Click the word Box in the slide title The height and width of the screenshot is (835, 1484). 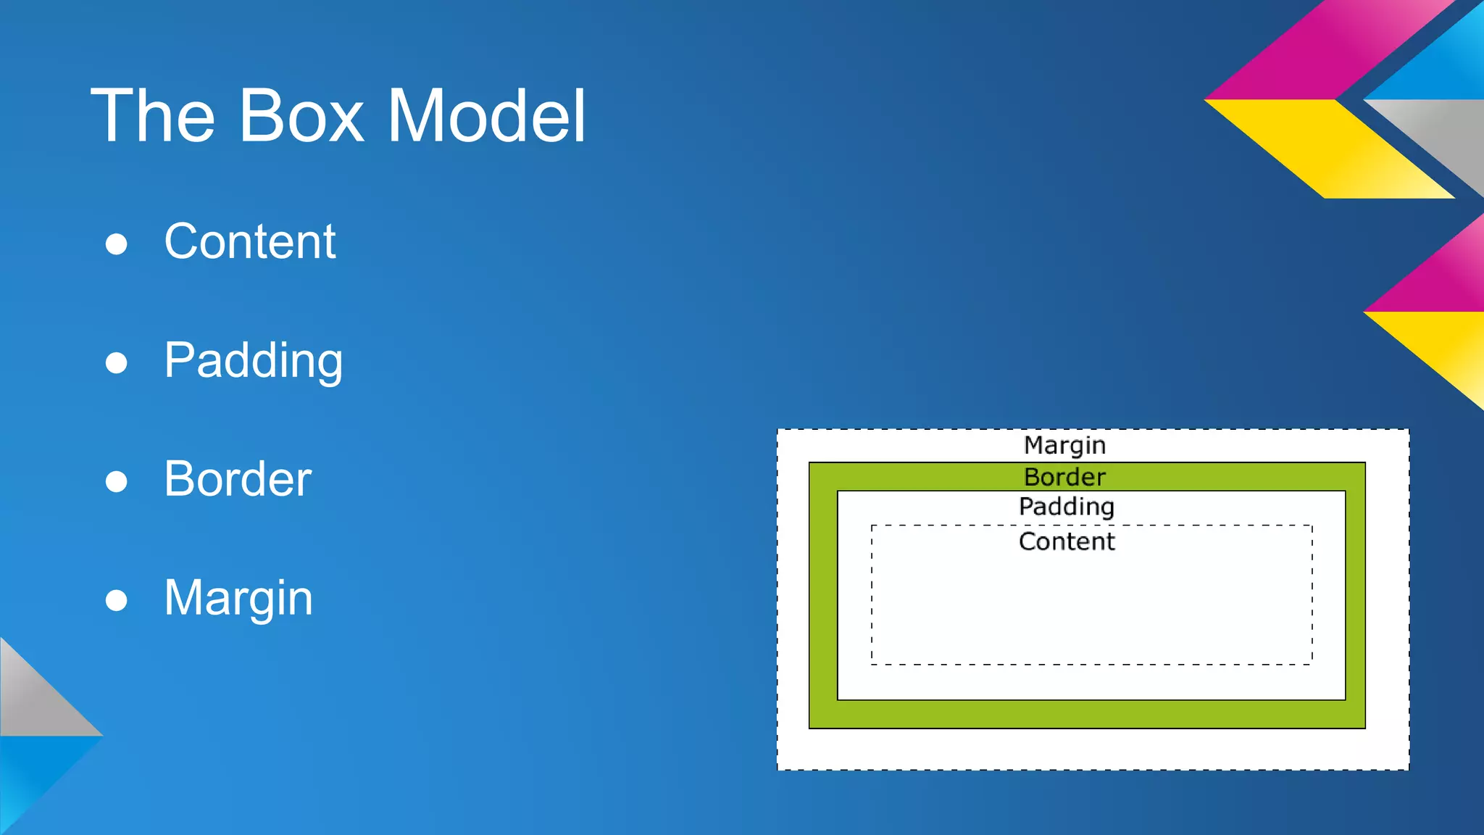coord(301,116)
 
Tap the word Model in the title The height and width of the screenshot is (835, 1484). coord(486,116)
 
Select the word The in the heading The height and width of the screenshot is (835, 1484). coord(153,116)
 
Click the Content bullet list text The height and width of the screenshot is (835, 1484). coord(250,241)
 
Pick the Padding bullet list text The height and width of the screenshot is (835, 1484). coord(253,360)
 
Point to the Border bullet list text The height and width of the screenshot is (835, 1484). coord(238,479)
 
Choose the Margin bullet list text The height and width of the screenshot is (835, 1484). coord(238,598)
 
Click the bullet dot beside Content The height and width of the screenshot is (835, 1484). coord(117,244)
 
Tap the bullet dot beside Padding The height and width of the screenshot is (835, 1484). coord(117,362)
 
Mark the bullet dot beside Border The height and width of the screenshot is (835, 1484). coord(117,481)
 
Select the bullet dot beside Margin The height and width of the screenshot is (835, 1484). coord(117,600)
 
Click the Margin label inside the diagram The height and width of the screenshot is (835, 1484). coord(1064,445)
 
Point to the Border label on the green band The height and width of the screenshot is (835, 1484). coord(1064,477)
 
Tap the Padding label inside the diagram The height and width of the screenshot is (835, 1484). coord(1066,507)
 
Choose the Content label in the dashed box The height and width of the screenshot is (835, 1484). coord(1067,541)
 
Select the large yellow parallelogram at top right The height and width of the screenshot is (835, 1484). coord(1333,149)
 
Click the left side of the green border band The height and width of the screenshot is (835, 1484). coord(823,594)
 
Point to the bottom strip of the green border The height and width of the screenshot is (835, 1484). coord(1087,714)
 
